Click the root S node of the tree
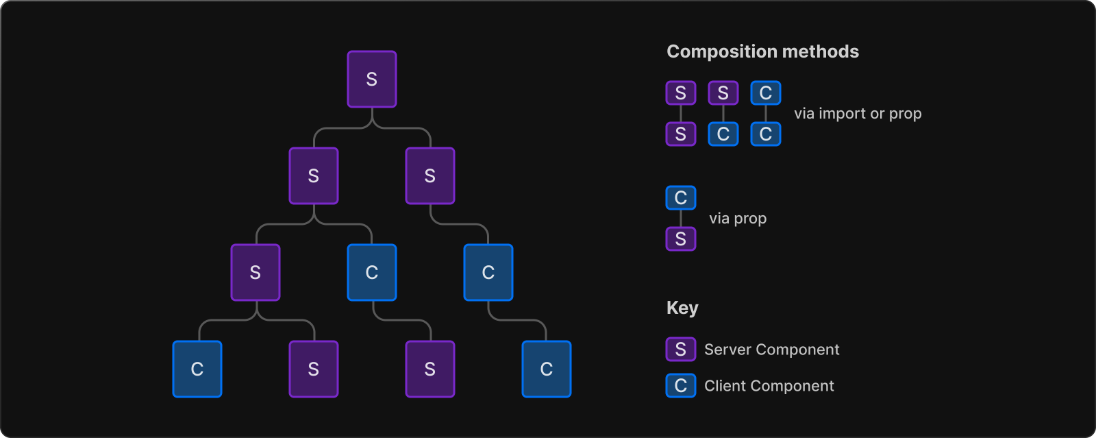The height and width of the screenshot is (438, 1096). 372,80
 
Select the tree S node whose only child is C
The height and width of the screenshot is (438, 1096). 430,175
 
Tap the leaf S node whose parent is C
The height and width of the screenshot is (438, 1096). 430,369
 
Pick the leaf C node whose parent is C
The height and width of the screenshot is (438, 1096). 547,369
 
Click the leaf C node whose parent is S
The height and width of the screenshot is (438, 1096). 197,369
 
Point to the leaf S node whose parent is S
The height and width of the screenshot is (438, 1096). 314,369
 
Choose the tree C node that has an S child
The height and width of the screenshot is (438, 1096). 372,273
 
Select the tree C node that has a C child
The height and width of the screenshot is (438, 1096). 488,273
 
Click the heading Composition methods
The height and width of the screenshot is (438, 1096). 763,51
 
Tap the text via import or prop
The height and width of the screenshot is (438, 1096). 858,114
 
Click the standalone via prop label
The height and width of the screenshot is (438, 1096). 738,218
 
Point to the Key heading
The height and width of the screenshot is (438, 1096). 682,308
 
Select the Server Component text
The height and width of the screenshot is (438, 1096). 771,350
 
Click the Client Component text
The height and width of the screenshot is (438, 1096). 769,386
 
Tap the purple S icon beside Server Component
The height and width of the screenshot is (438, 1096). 681,350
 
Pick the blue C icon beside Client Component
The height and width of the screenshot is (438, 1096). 681,386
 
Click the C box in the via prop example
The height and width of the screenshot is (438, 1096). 681,197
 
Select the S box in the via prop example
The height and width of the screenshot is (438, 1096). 681,239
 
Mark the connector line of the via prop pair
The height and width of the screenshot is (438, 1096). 681,218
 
